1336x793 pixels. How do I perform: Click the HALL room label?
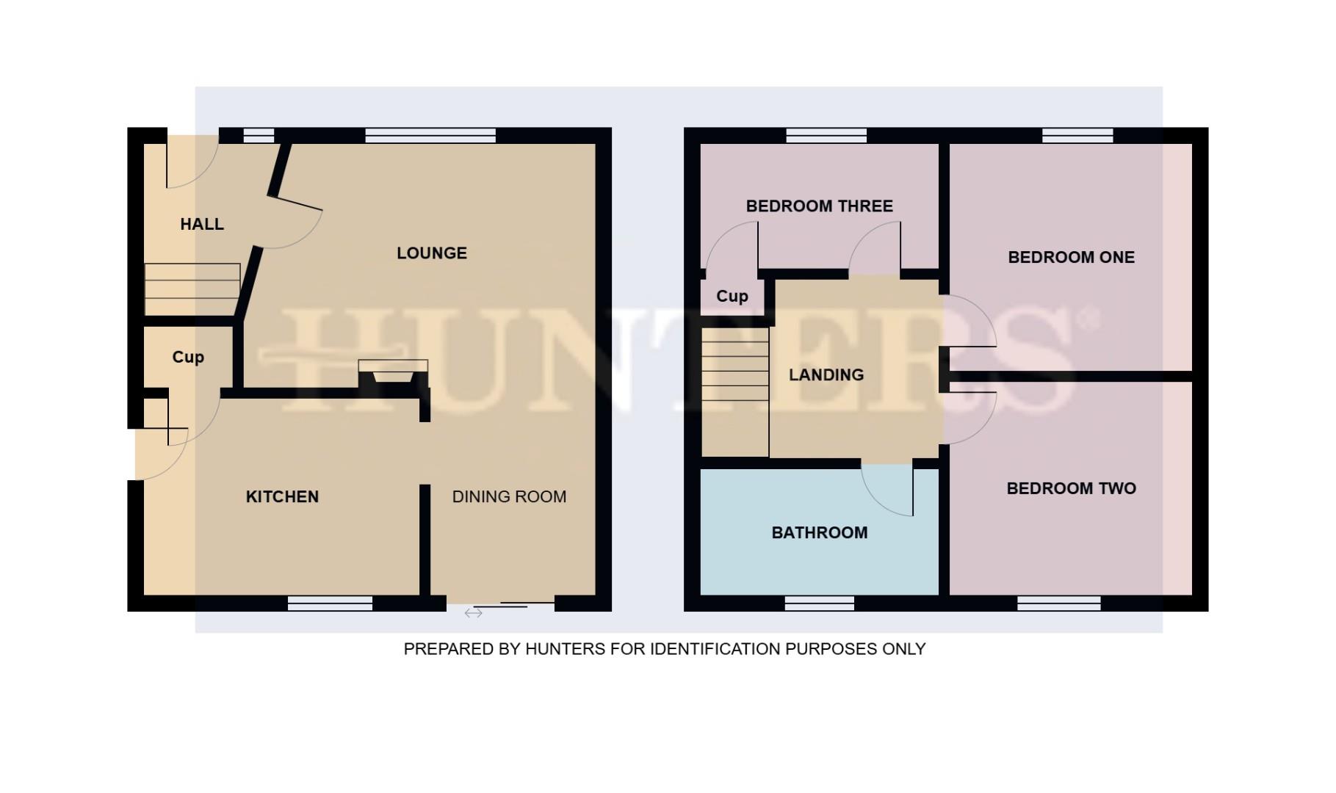[202, 224]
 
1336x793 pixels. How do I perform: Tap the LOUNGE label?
[432, 253]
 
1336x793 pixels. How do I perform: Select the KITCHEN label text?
[282, 497]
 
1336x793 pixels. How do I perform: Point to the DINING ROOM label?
[509, 497]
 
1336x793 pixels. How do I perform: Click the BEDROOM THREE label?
[820, 206]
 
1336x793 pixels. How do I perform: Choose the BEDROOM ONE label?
[1071, 258]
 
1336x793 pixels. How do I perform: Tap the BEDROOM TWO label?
[1071, 489]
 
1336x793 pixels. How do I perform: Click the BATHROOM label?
[820, 533]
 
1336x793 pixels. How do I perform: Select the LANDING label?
[826, 375]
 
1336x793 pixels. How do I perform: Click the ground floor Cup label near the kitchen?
[188, 358]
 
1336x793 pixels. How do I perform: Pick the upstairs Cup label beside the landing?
[732, 297]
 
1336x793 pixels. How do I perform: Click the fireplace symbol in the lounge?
[393, 372]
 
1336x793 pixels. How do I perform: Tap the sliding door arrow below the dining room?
[474, 612]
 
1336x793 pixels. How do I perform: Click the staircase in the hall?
[192, 289]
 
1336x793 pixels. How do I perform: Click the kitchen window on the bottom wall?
[330, 604]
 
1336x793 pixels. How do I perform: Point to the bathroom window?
[819, 604]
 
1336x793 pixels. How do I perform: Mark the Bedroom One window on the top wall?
[1077, 135]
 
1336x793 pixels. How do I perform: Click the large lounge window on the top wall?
[430, 135]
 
